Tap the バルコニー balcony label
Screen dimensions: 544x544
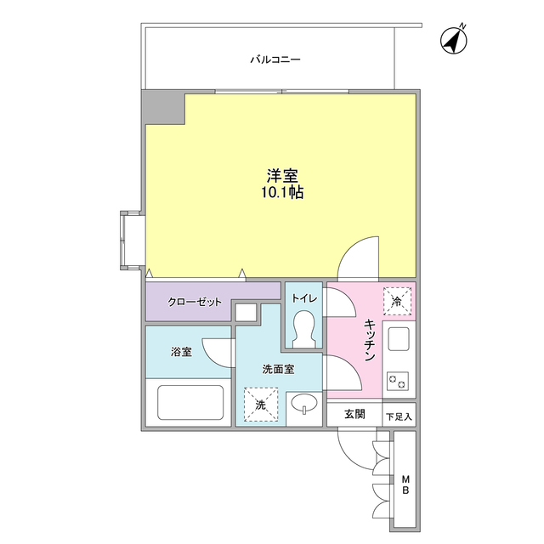pyautogui.click(x=275, y=60)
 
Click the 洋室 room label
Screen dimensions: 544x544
pyautogui.click(x=282, y=176)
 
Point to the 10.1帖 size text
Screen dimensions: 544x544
pyautogui.click(x=282, y=194)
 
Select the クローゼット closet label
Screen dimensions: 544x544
pyautogui.click(x=195, y=303)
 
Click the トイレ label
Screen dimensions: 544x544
pyautogui.click(x=303, y=298)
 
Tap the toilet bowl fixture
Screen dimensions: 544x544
pyautogui.click(x=303, y=328)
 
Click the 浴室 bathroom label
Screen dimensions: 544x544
pyautogui.click(x=180, y=351)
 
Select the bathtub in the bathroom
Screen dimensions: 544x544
pyautogui.click(x=190, y=403)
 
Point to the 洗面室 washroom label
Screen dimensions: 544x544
pyautogui.click(x=278, y=370)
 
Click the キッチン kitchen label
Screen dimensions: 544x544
pyautogui.click(x=371, y=342)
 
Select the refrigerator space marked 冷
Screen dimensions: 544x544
pyautogui.click(x=397, y=299)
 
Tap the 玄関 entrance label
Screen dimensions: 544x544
pyautogui.click(x=354, y=415)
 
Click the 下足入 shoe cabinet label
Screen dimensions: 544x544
pyautogui.click(x=399, y=416)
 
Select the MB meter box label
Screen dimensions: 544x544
pyautogui.click(x=405, y=485)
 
